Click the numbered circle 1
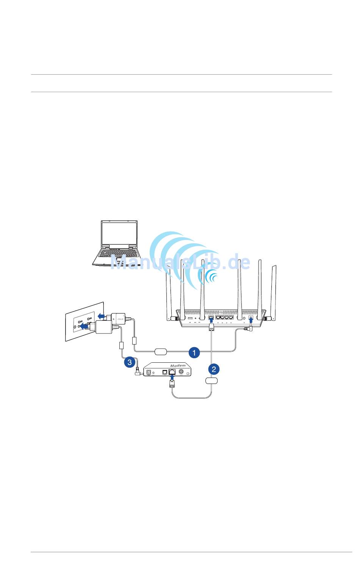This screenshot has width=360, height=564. [x=194, y=352]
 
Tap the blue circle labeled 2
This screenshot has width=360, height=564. [x=214, y=369]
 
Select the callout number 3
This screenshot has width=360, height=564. [x=130, y=362]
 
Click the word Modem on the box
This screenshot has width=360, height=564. [x=178, y=365]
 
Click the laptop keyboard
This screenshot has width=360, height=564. [x=117, y=253]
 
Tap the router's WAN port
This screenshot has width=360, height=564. [x=211, y=318]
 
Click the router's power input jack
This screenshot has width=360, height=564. [x=250, y=318]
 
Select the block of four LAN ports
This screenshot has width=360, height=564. [x=224, y=318]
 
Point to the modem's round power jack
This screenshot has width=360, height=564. [x=149, y=372]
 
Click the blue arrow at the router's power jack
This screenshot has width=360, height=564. [x=251, y=323]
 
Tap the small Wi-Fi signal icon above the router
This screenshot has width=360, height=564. [x=213, y=278]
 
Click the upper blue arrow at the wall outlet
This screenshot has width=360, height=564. [x=100, y=316]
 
